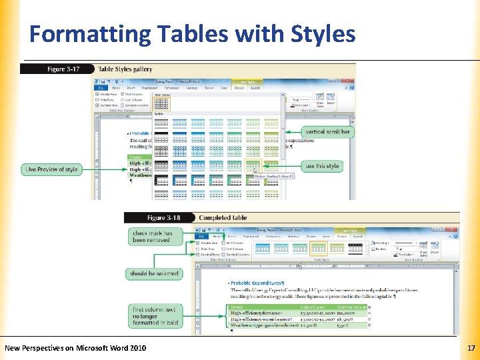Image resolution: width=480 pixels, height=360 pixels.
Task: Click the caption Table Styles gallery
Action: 125,69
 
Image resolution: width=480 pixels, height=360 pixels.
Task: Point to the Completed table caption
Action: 223,218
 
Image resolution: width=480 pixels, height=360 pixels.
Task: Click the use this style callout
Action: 322,166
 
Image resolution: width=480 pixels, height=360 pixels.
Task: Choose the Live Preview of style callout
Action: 51,169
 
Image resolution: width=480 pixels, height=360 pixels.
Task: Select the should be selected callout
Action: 154,273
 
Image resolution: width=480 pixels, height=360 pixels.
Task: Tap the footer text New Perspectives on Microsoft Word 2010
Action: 75,348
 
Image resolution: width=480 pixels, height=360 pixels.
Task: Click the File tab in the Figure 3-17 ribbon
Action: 99,87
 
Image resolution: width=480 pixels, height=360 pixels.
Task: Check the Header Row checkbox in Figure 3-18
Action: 199,243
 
